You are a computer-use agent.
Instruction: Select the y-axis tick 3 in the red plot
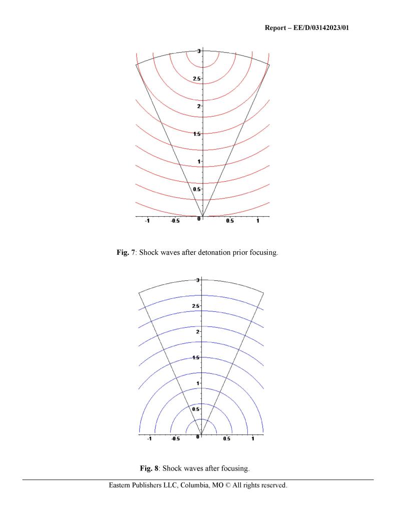coord(199,51)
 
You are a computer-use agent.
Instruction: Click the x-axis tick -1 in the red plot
coord(147,222)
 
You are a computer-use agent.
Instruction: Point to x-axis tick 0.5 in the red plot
coord(230,222)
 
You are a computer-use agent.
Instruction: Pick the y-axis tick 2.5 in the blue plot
coord(197,306)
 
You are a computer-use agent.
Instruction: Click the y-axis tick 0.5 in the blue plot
coord(197,409)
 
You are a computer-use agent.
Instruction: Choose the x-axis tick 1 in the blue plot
coord(253,439)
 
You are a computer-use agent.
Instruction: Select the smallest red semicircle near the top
coord(202,67)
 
